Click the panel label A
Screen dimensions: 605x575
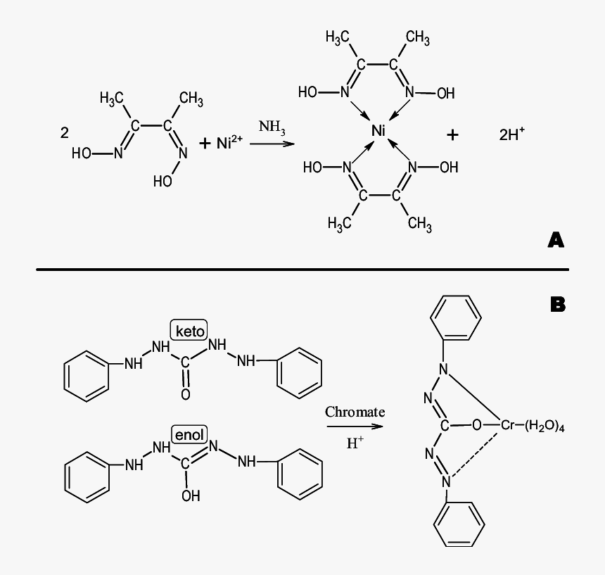pos(556,240)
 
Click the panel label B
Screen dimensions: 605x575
pos(558,305)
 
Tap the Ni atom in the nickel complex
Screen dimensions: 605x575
pos(378,131)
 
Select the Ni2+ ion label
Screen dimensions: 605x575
pos(229,142)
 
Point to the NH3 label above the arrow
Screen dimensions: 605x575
pos(272,127)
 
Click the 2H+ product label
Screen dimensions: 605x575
pos(511,134)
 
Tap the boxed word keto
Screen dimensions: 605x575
pos(189,331)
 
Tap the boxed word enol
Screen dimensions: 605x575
pos(189,435)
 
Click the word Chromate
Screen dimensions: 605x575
pos(355,412)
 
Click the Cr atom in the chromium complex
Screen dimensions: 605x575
pos(508,425)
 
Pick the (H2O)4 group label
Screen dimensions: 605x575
pos(545,426)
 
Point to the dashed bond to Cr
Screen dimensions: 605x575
pos(476,453)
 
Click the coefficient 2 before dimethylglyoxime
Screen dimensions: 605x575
pos(65,133)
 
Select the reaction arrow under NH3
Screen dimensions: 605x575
pos(272,144)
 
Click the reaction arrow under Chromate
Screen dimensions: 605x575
pos(355,426)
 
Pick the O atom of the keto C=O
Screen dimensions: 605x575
pos(186,394)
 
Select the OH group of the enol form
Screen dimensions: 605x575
pos(191,496)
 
